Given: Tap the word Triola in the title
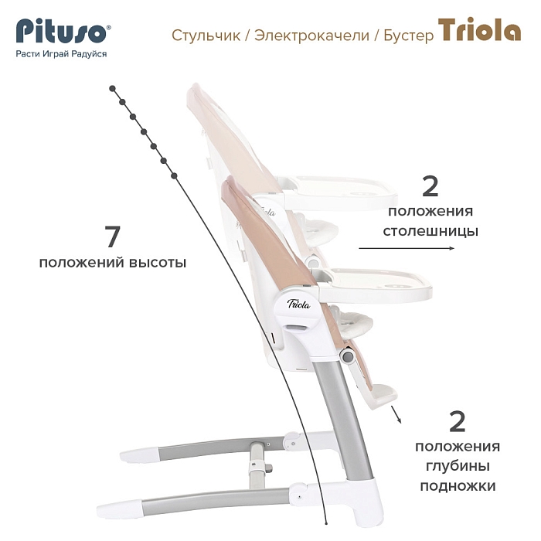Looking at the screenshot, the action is click(x=479, y=30).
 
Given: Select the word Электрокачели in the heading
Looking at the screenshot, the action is click(x=312, y=36).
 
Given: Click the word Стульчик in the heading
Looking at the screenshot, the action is click(x=206, y=36).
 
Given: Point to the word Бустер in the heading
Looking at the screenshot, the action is click(x=409, y=36).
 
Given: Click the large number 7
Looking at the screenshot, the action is click(x=113, y=237).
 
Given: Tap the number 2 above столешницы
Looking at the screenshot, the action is click(x=430, y=187).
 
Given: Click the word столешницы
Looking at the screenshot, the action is click(x=430, y=231).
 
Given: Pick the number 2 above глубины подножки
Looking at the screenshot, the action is click(x=458, y=422).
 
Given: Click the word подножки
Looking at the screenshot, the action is click(x=458, y=486).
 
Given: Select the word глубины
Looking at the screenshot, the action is click(x=458, y=467).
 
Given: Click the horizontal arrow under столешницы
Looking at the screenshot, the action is click(x=407, y=248).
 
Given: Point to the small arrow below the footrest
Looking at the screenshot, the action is click(x=396, y=414).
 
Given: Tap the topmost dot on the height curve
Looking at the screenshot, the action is click(x=112, y=89).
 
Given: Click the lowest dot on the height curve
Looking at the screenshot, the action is click(x=174, y=176).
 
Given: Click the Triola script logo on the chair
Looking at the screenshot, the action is click(x=299, y=304).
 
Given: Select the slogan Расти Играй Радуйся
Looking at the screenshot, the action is click(x=61, y=54).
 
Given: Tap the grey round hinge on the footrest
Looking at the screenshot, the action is click(x=348, y=356).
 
